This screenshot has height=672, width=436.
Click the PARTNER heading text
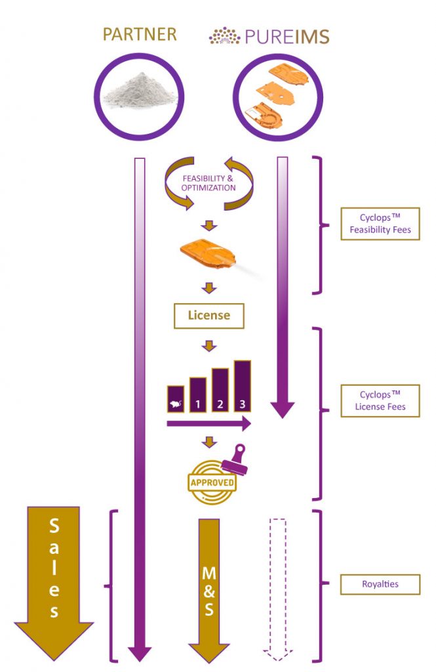pyautogui.click(x=140, y=34)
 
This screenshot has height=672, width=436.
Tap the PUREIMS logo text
pyautogui.click(x=287, y=37)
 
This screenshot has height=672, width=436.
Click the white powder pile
pyautogui.click(x=140, y=91)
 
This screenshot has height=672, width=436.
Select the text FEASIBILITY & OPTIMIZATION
pyautogui.click(x=208, y=183)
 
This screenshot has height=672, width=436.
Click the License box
pyautogui.click(x=209, y=316)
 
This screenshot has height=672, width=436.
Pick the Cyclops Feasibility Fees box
pyautogui.click(x=380, y=224)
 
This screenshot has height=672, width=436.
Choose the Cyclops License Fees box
pyautogui.click(x=380, y=401)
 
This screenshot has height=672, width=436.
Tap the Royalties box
pyautogui.click(x=380, y=584)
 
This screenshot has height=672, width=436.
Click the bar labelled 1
pyautogui.click(x=198, y=394)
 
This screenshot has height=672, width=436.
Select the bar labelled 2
pyautogui.click(x=220, y=390)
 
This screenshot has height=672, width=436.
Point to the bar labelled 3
pyautogui.click(x=243, y=386)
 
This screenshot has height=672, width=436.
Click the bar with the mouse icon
pyautogui.click(x=176, y=399)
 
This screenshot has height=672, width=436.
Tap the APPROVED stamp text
pyautogui.click(x=212, y=482)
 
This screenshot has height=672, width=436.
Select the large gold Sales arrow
pyautogui.click(x=54, y=583)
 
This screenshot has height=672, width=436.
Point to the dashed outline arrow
pyautogui.click(x=278, y=590)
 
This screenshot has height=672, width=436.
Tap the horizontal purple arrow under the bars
pyautogui.click(x=208, y=424)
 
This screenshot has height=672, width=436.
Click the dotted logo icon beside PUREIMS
pyautogui.click(x=224, y=36)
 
